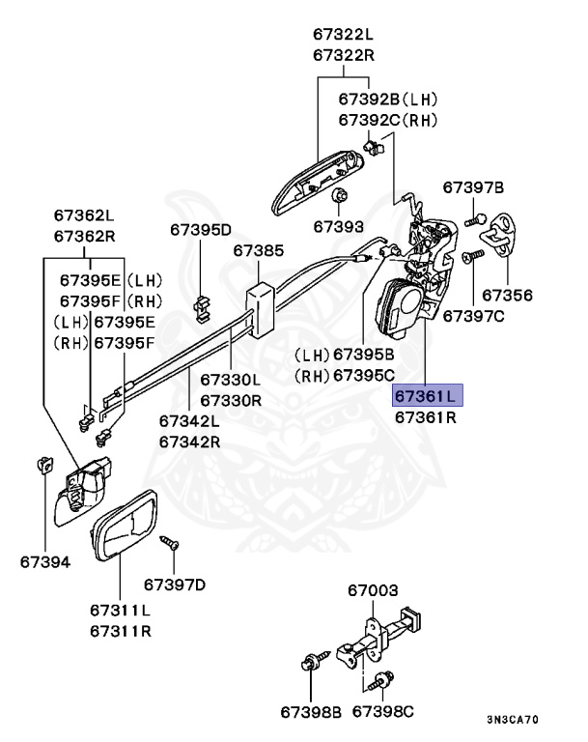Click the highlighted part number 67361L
[x=427, y=396]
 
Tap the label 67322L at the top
[x=342, y=34]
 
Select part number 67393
[x=338, y=227]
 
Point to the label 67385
[x=258, y=251]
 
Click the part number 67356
[x=507, y=295]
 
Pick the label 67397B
[x=473, y=186]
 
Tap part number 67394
[x=45, y=561]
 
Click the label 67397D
[x=175, y=584]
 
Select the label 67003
[x=372, y=589]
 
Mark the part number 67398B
[x=311, y=711]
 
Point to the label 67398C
[x=382, y=711]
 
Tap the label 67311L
[x=121, y=611]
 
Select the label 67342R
[x=189, y=442]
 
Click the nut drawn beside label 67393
[x=339, y=198]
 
